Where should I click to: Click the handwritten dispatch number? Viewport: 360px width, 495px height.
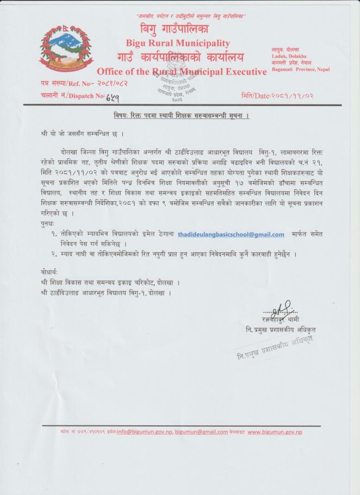click(113, 96)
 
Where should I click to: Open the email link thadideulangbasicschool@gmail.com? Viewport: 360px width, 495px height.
click(231, 234)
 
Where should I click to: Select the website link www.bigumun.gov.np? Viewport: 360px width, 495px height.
click(275, 432)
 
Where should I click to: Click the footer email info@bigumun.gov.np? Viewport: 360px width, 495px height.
click(144, 432)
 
